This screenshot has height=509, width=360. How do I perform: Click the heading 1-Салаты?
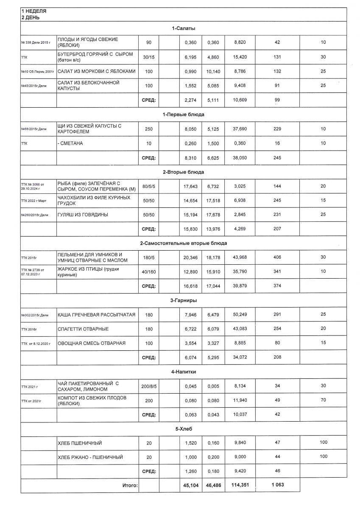coord(180,28)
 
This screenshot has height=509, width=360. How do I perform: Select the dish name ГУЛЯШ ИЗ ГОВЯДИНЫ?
coord(83,215)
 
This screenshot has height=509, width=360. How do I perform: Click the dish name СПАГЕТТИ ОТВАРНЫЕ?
coord(83,329)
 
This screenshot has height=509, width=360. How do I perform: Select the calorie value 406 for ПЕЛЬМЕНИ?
coord(277,257)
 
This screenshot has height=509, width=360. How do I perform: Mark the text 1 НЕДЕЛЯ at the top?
coord(34,10)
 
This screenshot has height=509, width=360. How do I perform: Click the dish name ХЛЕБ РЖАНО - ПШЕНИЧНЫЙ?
coord(90,457)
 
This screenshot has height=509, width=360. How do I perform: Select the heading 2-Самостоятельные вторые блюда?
coord(183,243)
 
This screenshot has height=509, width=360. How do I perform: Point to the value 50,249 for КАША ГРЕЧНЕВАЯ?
coord(240,315)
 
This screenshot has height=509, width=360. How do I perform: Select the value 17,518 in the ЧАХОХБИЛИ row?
coord(213,201)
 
